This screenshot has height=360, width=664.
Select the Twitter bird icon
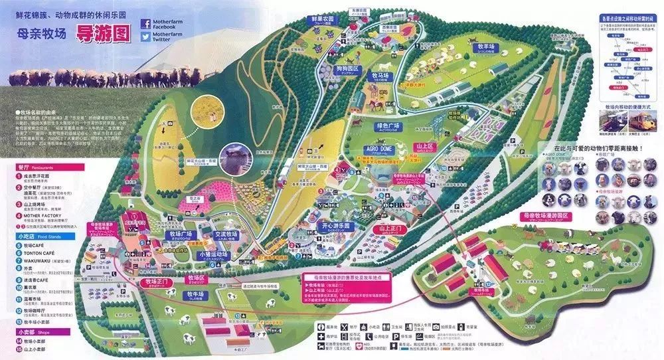pos(145,38)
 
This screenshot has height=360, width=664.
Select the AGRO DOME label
pos(378,149)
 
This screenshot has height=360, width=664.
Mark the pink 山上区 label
pos(424,146)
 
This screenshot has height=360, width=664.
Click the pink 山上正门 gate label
pos(392,229)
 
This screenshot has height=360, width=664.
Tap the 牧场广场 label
pos(180,234)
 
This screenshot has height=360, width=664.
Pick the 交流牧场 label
pos(226,234)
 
